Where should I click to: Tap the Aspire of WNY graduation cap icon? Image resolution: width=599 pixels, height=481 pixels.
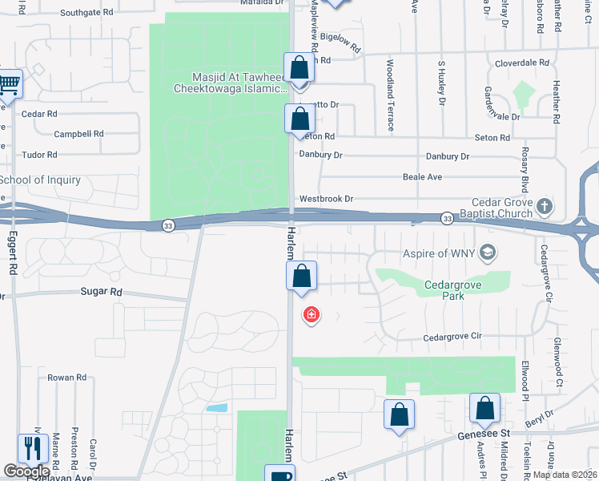485,254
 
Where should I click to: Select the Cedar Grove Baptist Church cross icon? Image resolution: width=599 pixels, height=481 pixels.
544,207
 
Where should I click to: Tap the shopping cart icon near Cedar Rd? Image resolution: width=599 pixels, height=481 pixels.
9,83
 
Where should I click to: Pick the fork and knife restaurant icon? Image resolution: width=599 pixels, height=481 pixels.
32,447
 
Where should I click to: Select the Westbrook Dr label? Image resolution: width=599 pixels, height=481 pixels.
326,199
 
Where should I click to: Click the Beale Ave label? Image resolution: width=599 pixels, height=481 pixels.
423,177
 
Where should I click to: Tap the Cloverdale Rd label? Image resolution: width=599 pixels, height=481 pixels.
522,62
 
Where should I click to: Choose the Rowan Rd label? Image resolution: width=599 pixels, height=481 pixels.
66,378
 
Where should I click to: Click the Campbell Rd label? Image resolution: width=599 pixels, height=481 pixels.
78,134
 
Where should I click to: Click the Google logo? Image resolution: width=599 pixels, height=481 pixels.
26,471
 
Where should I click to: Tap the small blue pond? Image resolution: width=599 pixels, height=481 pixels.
216,407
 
